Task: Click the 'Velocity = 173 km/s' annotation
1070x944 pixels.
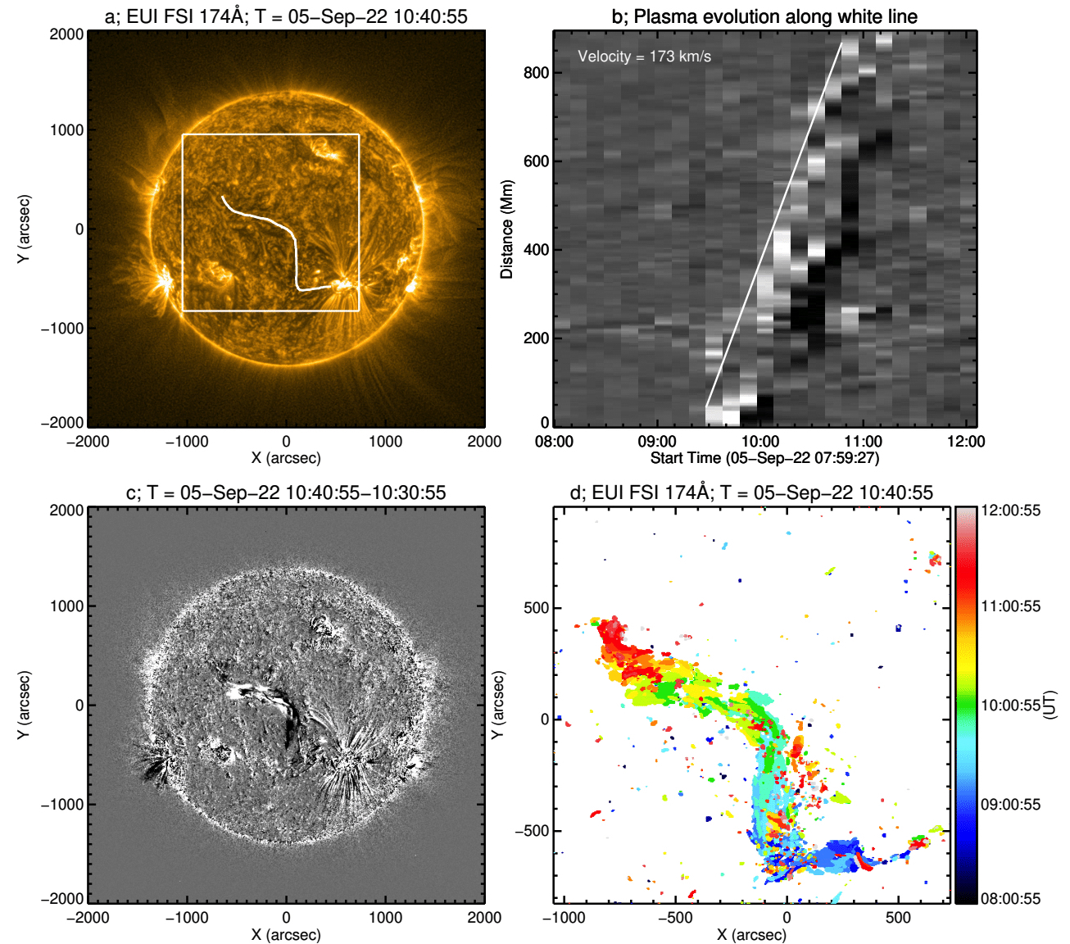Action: (x=644, y=57)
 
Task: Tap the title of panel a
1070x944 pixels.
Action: (x=286, y=16)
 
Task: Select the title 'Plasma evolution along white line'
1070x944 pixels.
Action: (x=764, y=16)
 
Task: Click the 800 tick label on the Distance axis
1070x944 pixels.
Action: (x=536, y=73)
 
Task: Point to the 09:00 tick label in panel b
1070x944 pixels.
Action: (x=657, y=442)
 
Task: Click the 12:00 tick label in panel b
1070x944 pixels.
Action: (x=966, y=442)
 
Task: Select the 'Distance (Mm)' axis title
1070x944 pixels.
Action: (x=507, y=229)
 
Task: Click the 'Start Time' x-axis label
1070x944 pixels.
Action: (x=764, y=458)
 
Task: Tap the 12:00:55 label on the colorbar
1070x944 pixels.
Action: (x=1011, y=511)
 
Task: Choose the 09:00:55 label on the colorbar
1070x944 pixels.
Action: (x=1011, y=805)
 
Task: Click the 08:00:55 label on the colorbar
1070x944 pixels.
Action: (x=1011, y=899)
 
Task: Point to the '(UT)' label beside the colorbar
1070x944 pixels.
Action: (x=1050, y=705)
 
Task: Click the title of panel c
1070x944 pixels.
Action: (x=286, y=492)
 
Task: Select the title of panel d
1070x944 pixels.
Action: (x=751, y=492)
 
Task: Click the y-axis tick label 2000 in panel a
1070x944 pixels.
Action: (x=66, y=34)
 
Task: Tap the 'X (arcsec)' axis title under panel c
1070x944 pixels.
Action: (x=286, y=934)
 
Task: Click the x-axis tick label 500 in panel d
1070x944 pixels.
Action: (x=898, y=917)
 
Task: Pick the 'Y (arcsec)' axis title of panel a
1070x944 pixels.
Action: (x=25, y=229)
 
